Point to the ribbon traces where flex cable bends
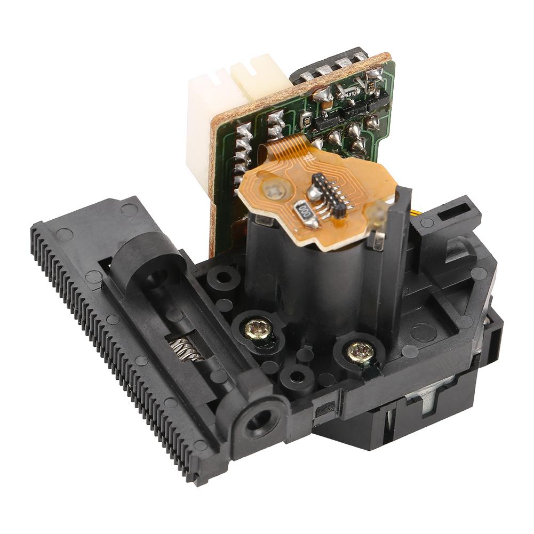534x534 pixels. pos(291,148)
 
